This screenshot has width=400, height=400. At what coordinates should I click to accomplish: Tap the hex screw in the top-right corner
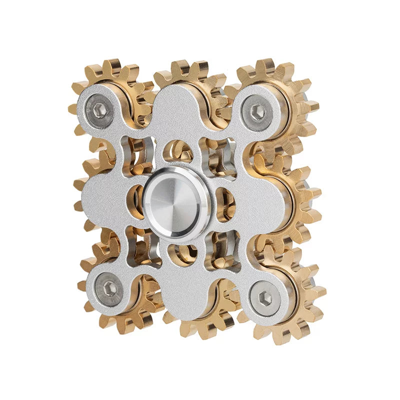[x=258, y=110]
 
